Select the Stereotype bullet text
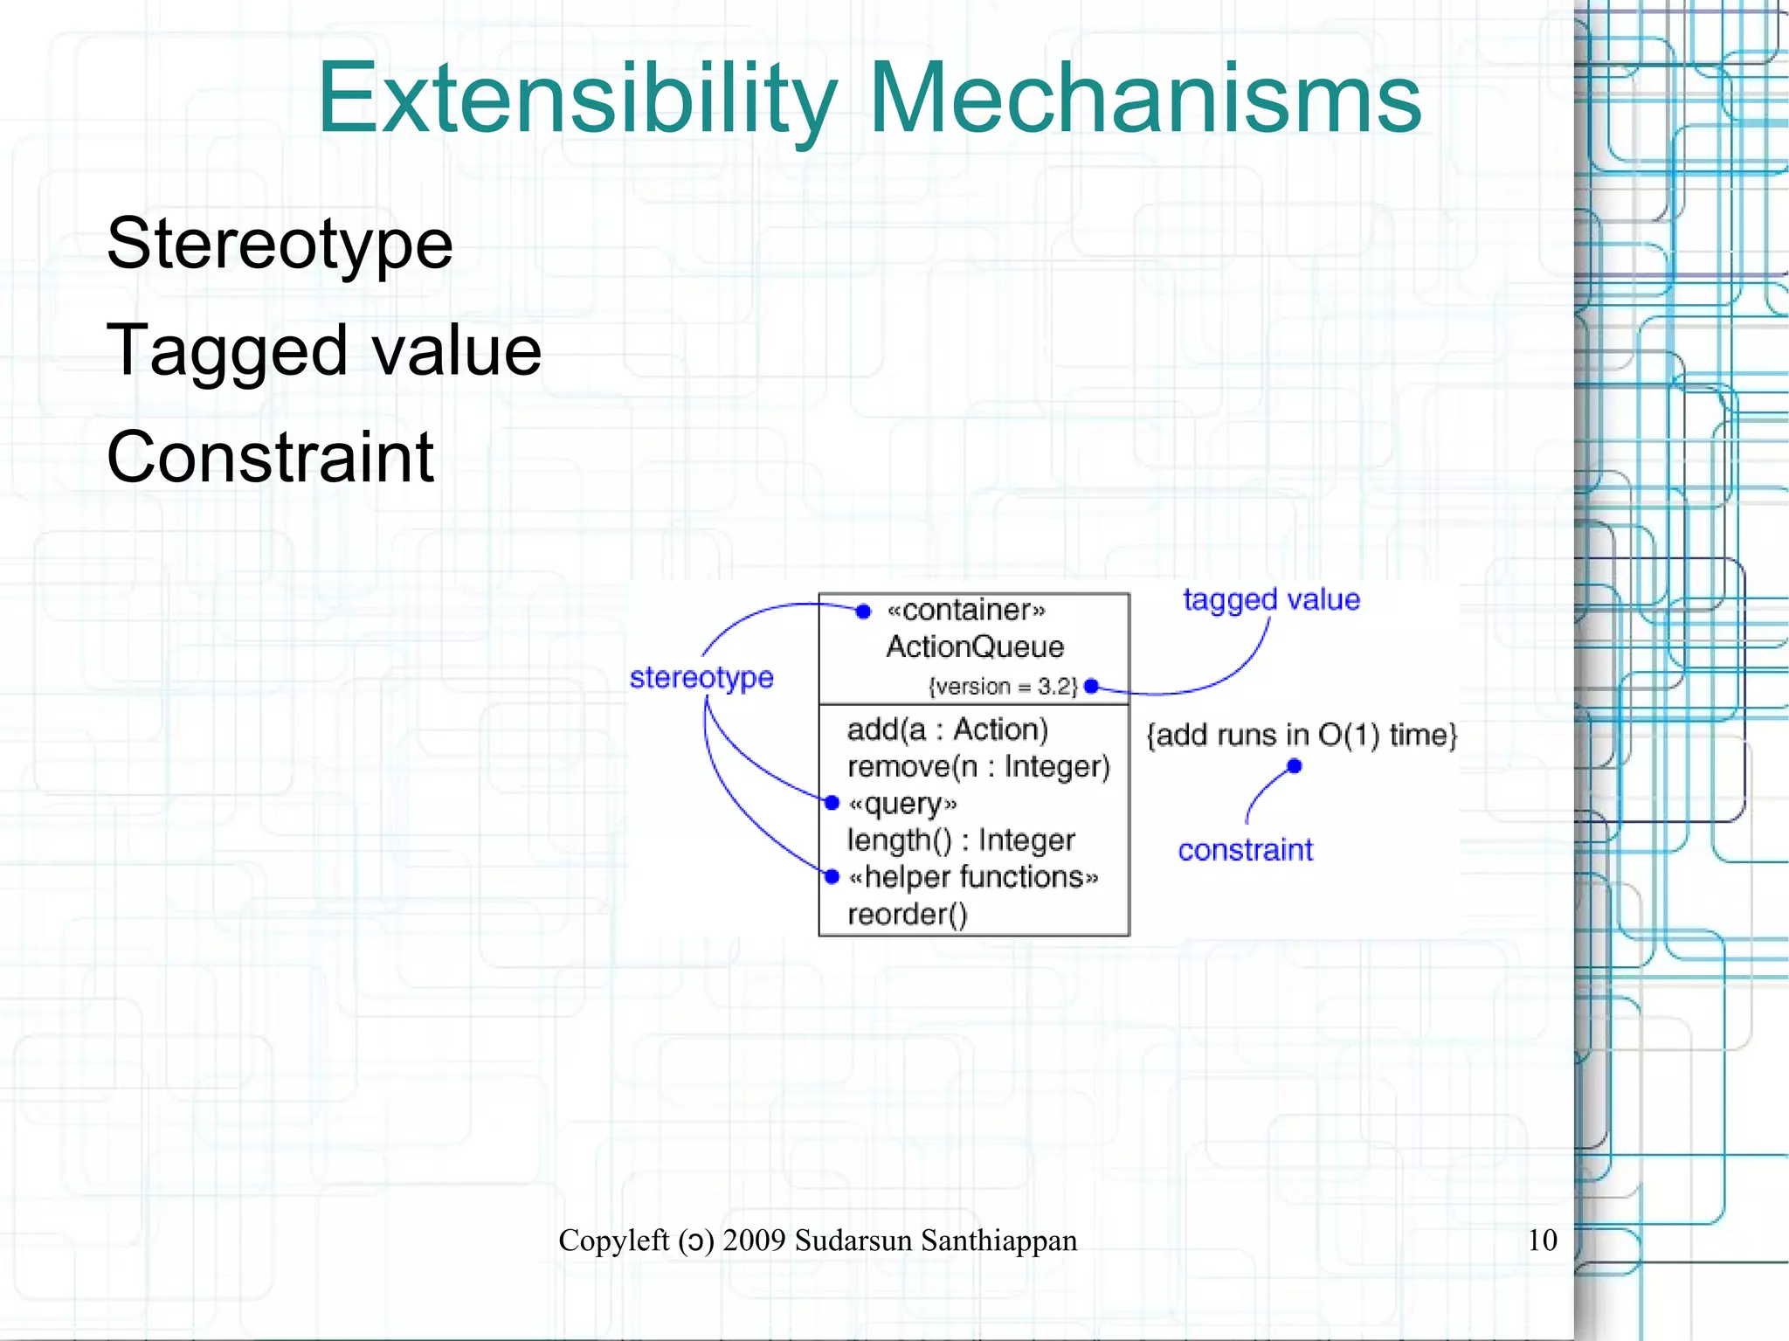(280, 243)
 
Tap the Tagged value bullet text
(324, 350)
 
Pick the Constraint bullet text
(270, 457)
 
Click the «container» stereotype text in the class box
(966, 610)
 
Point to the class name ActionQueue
(975, 646)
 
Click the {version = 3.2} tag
(1003, 687)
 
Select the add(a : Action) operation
(947, 729)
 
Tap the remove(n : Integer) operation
(978, 766)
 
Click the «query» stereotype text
(903, 803)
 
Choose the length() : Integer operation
(961, 840)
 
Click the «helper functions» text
(973, 876)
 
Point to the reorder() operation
(908, 914)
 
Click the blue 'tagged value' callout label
(1271, 600)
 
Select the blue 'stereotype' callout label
(701, 677)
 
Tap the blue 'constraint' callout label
(1245, 849)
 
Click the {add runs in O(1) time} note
(1302, 735)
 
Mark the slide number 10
(1542, 1240)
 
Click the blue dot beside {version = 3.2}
(1091, 687)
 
